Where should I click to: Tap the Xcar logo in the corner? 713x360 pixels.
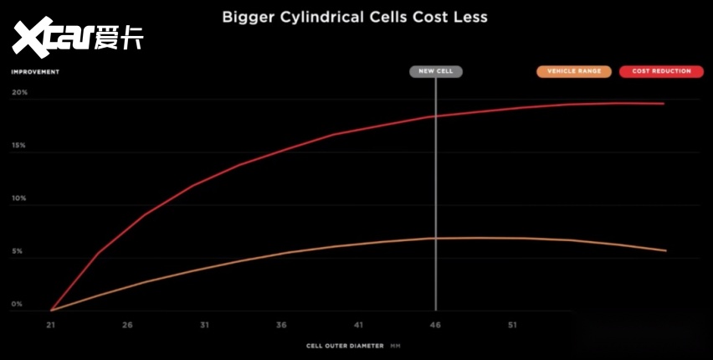77,36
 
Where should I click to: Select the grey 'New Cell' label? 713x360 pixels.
435,71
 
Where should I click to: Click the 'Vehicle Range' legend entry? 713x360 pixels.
574,71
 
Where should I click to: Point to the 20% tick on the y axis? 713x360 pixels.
19,93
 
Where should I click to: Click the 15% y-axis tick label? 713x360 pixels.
19,146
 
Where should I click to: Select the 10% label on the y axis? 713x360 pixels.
19,199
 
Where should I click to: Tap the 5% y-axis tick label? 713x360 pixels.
18,252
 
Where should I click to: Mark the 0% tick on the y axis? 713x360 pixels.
18,305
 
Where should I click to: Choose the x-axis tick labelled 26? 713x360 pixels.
126,325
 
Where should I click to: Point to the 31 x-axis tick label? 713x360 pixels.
203,325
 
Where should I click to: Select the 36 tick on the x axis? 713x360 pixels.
281,325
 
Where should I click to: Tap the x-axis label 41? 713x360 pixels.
358,325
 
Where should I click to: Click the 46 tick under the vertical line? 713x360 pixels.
435,325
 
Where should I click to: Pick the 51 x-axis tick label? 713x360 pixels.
512,325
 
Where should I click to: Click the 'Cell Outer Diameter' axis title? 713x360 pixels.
345,345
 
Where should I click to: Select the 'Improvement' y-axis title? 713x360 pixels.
35,71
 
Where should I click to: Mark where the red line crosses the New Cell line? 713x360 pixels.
435,116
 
